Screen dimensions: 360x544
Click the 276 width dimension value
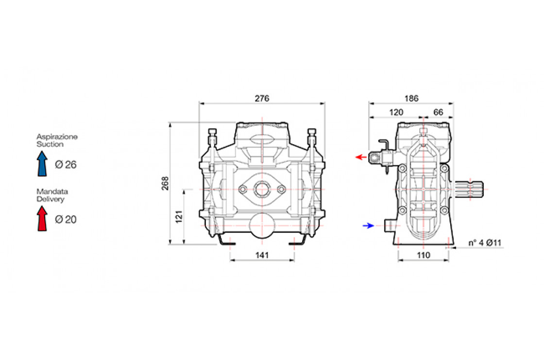[262, 98]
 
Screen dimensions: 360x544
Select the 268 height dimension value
[166, 184]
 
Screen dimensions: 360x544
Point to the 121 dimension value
[179, 216]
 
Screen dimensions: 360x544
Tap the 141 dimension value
[262, 255]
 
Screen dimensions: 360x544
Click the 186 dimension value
[411, 98]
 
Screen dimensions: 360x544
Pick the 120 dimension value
[396, 112]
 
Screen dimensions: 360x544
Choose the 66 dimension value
[438, 112]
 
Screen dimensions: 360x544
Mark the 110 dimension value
[424, 255]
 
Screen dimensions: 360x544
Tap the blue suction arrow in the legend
[42, 163]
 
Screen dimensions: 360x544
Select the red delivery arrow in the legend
[42, 218]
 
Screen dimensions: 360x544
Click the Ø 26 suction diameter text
[66, 165]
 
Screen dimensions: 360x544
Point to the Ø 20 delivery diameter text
[66, 220]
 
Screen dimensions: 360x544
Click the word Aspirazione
[57, 137]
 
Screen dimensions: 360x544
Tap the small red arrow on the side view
[360, 157]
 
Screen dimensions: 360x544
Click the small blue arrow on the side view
[369, 225]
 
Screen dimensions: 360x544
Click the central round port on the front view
[262, 189]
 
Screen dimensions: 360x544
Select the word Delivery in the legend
[50, 199]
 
